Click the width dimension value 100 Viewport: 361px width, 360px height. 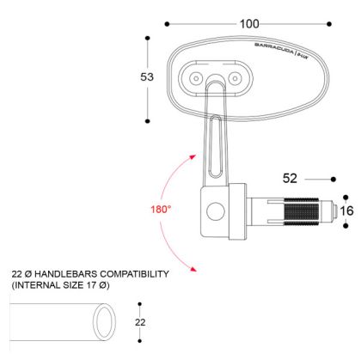tap(250, 23)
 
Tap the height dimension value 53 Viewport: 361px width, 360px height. tap(147, 77)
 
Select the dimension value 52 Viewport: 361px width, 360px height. tap(290, 179)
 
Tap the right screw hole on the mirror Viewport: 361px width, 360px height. tap(234, 79)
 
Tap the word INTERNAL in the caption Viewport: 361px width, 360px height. tap(37, 284)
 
